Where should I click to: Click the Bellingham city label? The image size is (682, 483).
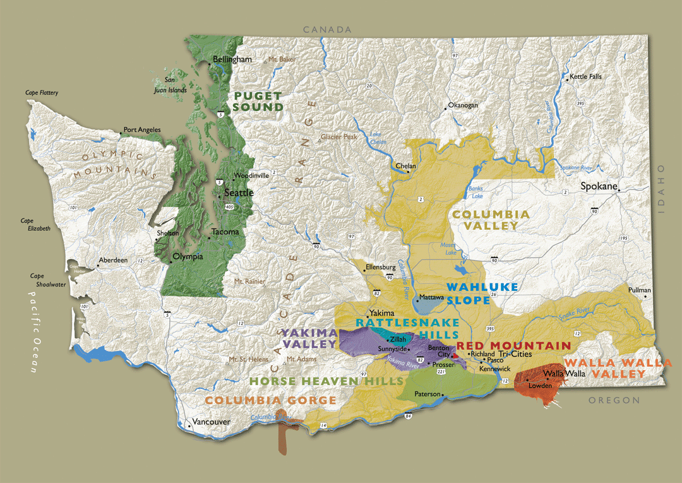point(232,59)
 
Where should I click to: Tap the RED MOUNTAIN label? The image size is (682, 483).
point(513,345)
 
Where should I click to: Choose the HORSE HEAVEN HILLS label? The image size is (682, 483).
point(326,381)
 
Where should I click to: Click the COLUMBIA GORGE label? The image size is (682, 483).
point(270,400)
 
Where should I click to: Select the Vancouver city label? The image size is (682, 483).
point(210,422)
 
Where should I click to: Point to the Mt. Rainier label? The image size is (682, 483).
point(248,281)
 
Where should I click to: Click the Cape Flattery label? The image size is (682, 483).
point(42,93)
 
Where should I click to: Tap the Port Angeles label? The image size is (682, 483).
point(142,130)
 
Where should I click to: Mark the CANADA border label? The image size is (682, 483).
point(326,30)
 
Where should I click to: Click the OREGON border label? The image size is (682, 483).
point(614,400)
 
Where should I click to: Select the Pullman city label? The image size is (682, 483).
point(639,290)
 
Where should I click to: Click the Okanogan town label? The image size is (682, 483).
point(463,105)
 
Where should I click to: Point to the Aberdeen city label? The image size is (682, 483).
point(112,260)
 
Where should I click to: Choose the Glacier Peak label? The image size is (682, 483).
point(339,137)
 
